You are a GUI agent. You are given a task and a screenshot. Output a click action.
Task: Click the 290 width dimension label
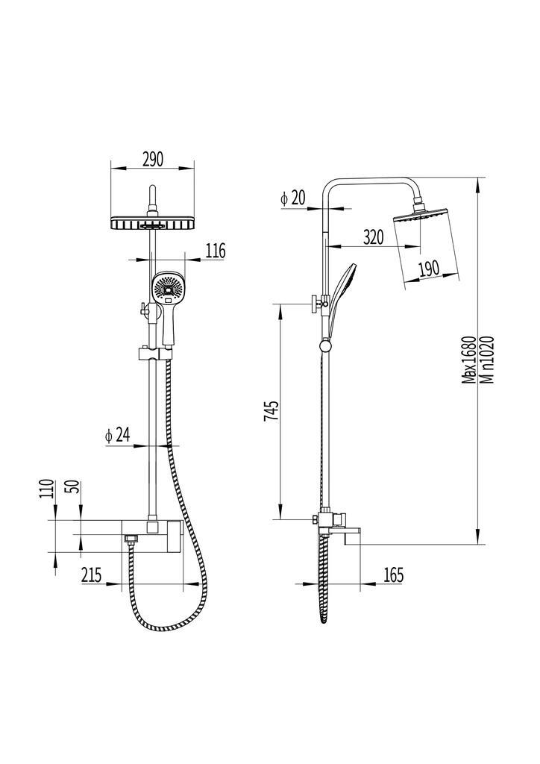pos(152,159)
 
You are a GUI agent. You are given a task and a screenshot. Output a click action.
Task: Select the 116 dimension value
pos(215,251)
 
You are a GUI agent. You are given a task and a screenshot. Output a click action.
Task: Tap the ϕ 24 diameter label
pos(118,435)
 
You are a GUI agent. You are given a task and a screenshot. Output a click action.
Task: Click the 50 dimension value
pos(75,489)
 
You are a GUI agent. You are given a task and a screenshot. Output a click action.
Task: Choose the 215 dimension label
pos(92,575)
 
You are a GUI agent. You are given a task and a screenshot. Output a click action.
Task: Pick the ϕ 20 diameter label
pos(293,198)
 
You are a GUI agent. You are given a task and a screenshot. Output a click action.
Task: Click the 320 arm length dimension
pos(373,237)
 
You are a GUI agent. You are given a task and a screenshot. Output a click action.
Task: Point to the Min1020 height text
pos(486,359)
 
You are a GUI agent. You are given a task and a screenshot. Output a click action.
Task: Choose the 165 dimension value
pos(392,575)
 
